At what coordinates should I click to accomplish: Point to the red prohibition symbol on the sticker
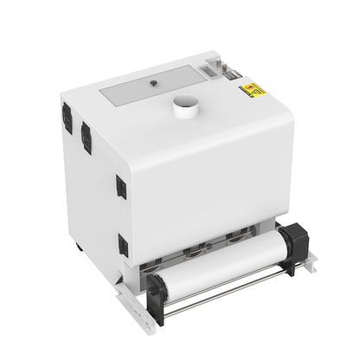pos(253,87)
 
